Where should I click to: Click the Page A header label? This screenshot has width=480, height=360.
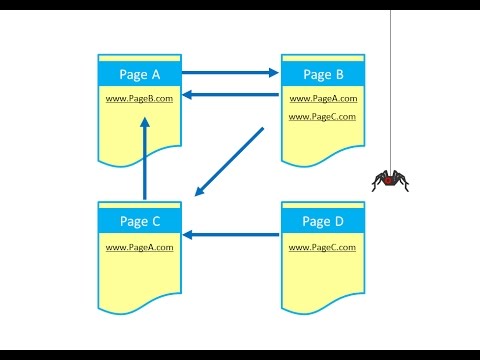[x=140, y=74]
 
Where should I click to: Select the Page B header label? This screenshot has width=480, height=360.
[x=323, y=74]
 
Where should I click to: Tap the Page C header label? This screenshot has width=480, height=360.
[x=140, y=220]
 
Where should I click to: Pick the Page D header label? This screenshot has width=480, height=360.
[x=323, y=220]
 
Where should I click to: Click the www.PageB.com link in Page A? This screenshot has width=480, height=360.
[x=140, y=99]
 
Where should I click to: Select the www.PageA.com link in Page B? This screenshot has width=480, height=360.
[x=323, y=99]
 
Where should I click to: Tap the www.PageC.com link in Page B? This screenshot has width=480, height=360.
[x=323, y=117]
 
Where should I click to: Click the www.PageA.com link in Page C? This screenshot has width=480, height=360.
[x=140, y=246]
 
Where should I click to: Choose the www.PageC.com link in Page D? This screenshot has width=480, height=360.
[x=323, y=246]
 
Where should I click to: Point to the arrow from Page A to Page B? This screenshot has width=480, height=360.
[x=230, y=72]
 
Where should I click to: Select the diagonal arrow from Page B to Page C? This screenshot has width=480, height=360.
[x=230, y=160]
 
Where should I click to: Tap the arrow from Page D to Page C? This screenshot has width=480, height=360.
[x=232, y=235]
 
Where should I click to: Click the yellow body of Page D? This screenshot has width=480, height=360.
[x=323, y=275]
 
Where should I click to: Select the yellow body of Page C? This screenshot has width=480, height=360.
[x=140, y=275]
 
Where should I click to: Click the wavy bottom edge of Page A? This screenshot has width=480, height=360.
[x=140, y=158]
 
